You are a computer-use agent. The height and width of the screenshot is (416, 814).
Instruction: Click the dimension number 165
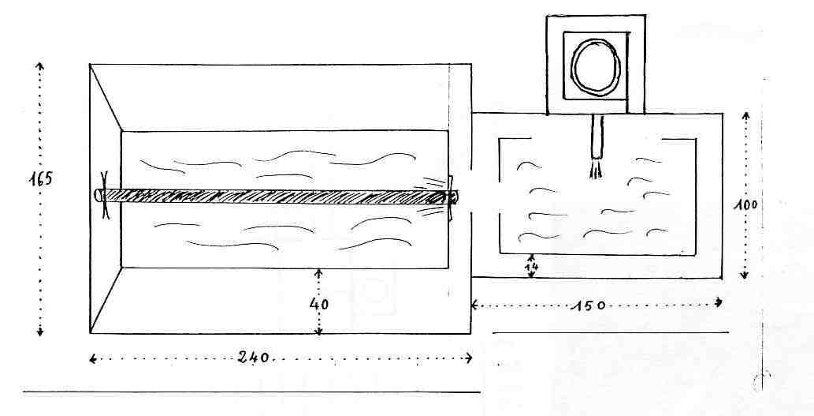(x=39, y=179)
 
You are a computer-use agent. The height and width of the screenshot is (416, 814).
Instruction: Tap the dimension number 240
(x=253, y=358)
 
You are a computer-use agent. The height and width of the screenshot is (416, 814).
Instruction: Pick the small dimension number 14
(x=531, y=268)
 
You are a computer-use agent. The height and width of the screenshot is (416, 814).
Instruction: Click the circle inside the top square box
(x=596, y=67)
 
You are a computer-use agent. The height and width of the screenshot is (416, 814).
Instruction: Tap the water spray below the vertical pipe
(x=597, y=170)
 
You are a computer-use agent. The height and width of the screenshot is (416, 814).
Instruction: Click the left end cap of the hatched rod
(x=99, y=196)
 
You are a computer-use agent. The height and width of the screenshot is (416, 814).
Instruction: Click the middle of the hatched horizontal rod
(x=274, y=196)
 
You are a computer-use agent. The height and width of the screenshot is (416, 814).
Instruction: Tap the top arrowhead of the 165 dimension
(x=40, y=65)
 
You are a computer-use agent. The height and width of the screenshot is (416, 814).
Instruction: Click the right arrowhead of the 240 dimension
(x=469, y=358)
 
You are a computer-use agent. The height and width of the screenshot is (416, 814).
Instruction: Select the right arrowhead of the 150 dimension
(x=719, y=302)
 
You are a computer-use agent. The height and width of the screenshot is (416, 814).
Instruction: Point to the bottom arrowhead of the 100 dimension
(x=745, y=275)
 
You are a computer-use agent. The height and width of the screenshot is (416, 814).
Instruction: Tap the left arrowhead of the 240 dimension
(x=92, y=359)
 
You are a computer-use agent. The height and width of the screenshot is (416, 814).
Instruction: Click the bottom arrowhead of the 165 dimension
(x=40, y=333)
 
